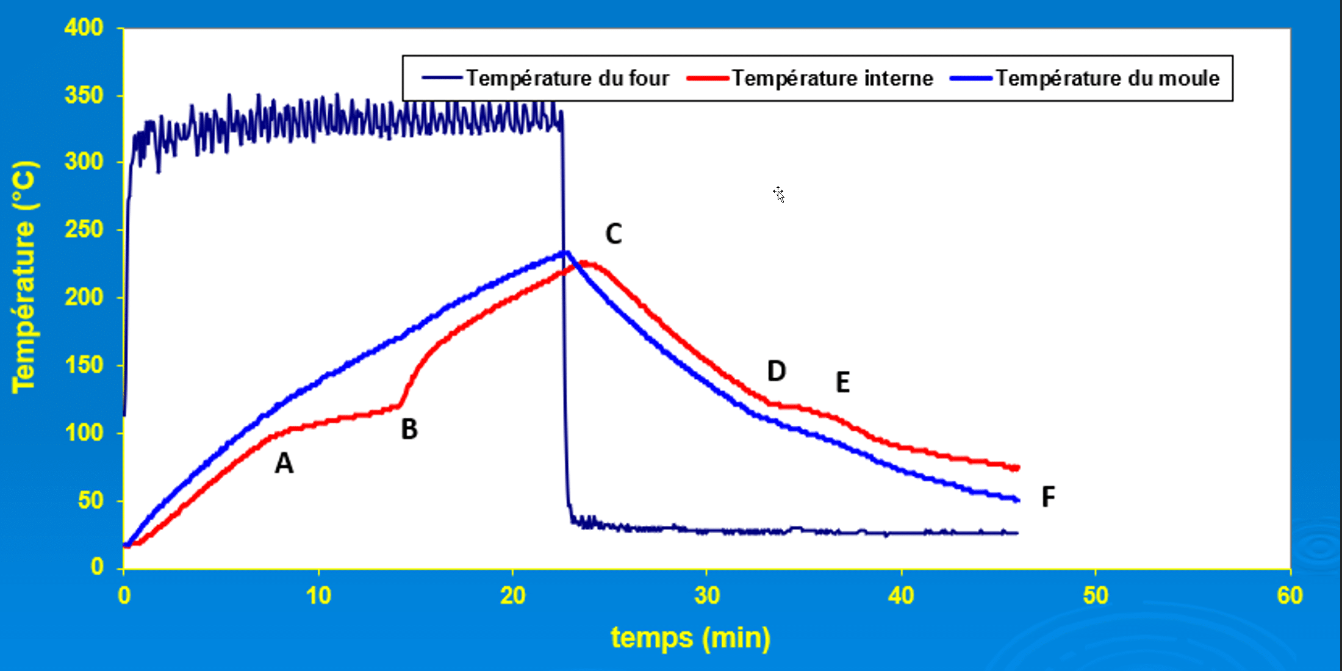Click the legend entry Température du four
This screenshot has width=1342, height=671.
tap(567, 78)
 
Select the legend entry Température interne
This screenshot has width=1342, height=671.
tap(832, 78)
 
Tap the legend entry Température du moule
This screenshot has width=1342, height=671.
tap(1107, 78)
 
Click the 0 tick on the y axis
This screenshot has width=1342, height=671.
tap(97, 567)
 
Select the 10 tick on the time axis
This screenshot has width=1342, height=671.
tap(318, 595)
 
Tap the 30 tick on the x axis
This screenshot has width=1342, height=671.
tap(707, 595)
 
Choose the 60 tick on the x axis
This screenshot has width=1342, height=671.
tap(1290, 595)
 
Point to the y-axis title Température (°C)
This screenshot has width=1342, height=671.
tap(25, 278)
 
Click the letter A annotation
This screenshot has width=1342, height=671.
tap(284, 464)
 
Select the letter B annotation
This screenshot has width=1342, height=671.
tap(409, 429)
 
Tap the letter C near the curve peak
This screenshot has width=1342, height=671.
tap(614, 234)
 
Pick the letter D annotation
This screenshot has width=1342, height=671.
tap(776, 371)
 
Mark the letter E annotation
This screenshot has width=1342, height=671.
tap(842, 382)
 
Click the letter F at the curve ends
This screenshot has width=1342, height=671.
tap(1048, 497)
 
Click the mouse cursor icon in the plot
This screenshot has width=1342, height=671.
tap(778, 194)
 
